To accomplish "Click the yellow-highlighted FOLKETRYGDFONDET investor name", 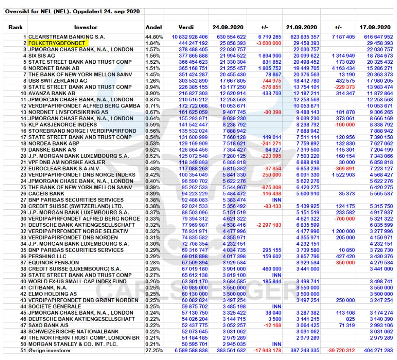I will (56, 43).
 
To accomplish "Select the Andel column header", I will (153, 27).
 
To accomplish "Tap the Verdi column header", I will (188, 27).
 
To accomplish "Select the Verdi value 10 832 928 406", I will (188, 37).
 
